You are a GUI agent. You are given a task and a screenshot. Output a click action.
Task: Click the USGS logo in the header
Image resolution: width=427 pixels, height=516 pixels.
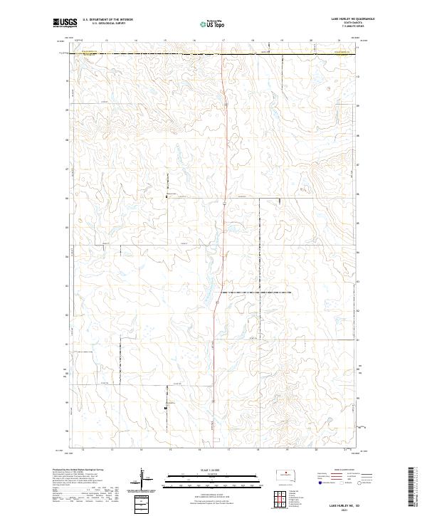(63, 23)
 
